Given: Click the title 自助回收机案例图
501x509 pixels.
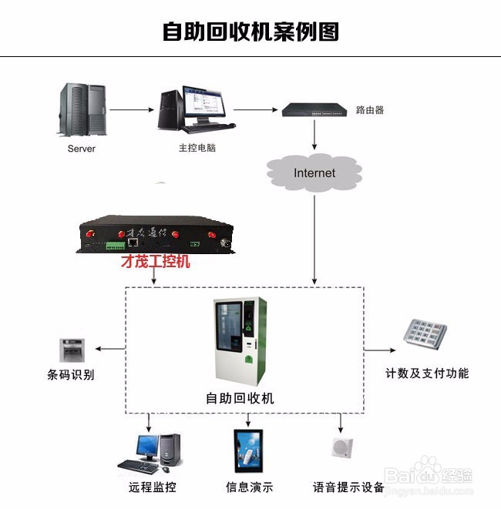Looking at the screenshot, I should (250, 32).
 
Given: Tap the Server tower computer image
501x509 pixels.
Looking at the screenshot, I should (82, 110).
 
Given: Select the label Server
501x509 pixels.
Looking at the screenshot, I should (82, 149).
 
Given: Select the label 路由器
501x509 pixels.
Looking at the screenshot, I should (370, 110).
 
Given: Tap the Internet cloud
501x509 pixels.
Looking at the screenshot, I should (314, 172).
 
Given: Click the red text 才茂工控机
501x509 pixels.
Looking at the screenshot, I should (156, 262).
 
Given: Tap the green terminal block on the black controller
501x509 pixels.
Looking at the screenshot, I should (116, 246).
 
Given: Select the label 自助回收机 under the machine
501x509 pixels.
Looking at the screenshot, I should (240, 398).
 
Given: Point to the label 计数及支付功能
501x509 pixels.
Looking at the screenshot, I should (427, 373).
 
